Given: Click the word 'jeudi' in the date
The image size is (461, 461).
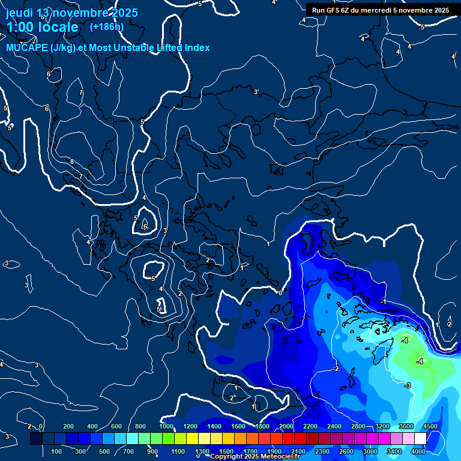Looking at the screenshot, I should pyautogui.click(x=19, y=13).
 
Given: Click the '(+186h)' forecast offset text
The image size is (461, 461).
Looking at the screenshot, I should pyautogui.click(x=106, y=26).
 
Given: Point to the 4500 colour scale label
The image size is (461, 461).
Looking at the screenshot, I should pyautogui.click(x=430, y=426).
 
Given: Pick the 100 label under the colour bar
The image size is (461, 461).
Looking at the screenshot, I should pyautogui.click(x=57, y=451).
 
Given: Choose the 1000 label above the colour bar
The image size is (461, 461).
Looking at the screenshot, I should pyautogui.click(x=166, y=426).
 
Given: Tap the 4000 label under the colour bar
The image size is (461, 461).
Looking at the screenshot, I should pyautogui.click(x=418, y=451).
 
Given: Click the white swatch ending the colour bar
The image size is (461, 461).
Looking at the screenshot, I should pyautogui.click(x=420, y=439).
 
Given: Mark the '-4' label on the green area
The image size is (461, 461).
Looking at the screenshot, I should pyautogui.click(x=419, y=361).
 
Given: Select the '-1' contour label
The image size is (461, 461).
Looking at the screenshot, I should pyautogui.click(x=383, y=301).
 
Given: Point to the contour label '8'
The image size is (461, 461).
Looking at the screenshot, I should pyautogui.click(x=72, y=161).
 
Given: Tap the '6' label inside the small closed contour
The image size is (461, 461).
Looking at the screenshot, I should pyautogui.click(x=145, y=226).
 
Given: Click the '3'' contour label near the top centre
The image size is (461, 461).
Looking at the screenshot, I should pyautogui.click(x=256, y=92).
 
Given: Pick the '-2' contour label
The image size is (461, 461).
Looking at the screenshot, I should pyautogui.click(x=335, y=368).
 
